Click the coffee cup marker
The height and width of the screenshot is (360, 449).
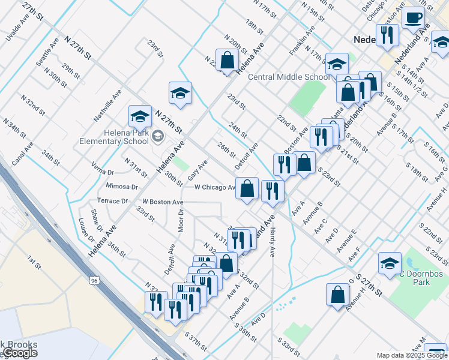(x=412, y=18)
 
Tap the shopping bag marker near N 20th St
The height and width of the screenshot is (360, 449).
(x=227, y=61)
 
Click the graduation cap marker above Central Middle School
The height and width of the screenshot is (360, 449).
(x=337, y=63)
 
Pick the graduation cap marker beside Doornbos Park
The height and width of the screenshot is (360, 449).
(x=390, y=263)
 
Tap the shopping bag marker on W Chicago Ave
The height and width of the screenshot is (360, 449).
(x=247, y=189)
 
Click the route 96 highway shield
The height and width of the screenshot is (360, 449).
(x=94, y=280)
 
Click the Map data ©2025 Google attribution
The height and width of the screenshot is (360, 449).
(x=412, y=355)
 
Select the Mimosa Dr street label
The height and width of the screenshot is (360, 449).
(x=121, y=187)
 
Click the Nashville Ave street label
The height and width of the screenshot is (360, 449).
(x=108, y=105)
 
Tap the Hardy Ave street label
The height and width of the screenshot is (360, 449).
(x=272, y=243)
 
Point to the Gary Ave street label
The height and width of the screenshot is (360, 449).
(x=197, y=170)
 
